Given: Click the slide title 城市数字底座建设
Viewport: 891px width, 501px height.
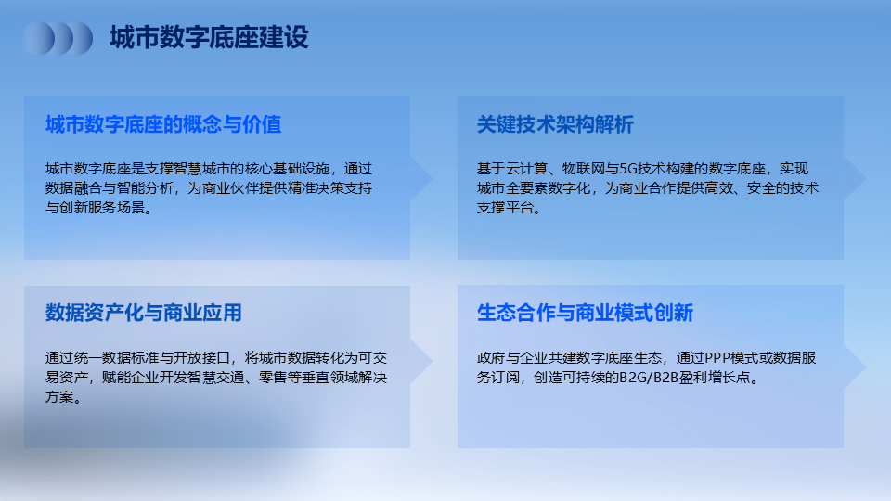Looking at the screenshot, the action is [209, 37].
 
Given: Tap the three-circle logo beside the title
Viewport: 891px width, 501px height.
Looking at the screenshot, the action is [58, 39].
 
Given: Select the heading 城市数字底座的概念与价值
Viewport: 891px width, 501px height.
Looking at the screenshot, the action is [163, 124].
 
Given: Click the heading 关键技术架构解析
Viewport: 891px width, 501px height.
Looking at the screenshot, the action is [555, 124].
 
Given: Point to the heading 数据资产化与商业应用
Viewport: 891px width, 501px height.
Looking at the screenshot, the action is [144, 313].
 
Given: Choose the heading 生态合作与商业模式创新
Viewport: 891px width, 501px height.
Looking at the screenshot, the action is [585, 313].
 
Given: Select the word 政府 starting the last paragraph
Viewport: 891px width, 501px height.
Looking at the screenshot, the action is [491, 358].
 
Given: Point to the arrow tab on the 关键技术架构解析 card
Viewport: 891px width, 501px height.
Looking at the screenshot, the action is [854, 178].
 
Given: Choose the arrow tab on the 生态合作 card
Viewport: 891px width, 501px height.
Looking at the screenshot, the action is [854, 367].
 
